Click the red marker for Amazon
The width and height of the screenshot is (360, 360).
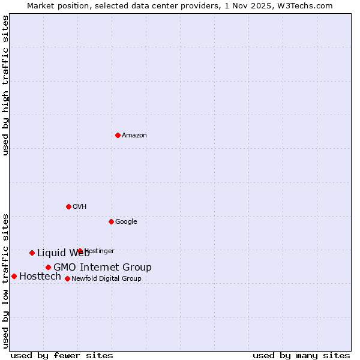[118, 135]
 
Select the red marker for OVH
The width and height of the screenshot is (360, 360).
[68, 206]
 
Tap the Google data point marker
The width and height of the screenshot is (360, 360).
[111, 221]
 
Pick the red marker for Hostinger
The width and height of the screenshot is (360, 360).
[80, 251]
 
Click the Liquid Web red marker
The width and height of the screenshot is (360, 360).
[32, 253]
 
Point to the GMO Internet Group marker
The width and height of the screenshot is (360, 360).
[48, 267]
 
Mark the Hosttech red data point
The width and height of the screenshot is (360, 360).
[14, 276]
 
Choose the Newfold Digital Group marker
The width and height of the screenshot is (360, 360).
[67, 278]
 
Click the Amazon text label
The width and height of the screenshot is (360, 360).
[134, 136]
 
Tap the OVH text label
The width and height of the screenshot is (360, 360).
[80, 207]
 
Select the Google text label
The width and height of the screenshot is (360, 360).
[126, 222]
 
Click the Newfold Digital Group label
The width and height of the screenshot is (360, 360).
[106, 279]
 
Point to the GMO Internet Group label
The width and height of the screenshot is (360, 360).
[103, 268]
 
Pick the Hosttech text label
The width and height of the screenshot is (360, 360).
[40, 277]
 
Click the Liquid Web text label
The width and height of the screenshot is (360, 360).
[63, 253]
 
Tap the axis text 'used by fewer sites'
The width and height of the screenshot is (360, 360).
[62, 356]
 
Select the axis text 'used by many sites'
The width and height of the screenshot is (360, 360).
[301, 356]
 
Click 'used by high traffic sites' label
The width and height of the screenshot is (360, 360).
[5, 86]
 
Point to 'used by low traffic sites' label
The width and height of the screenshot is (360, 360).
[5, 280]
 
